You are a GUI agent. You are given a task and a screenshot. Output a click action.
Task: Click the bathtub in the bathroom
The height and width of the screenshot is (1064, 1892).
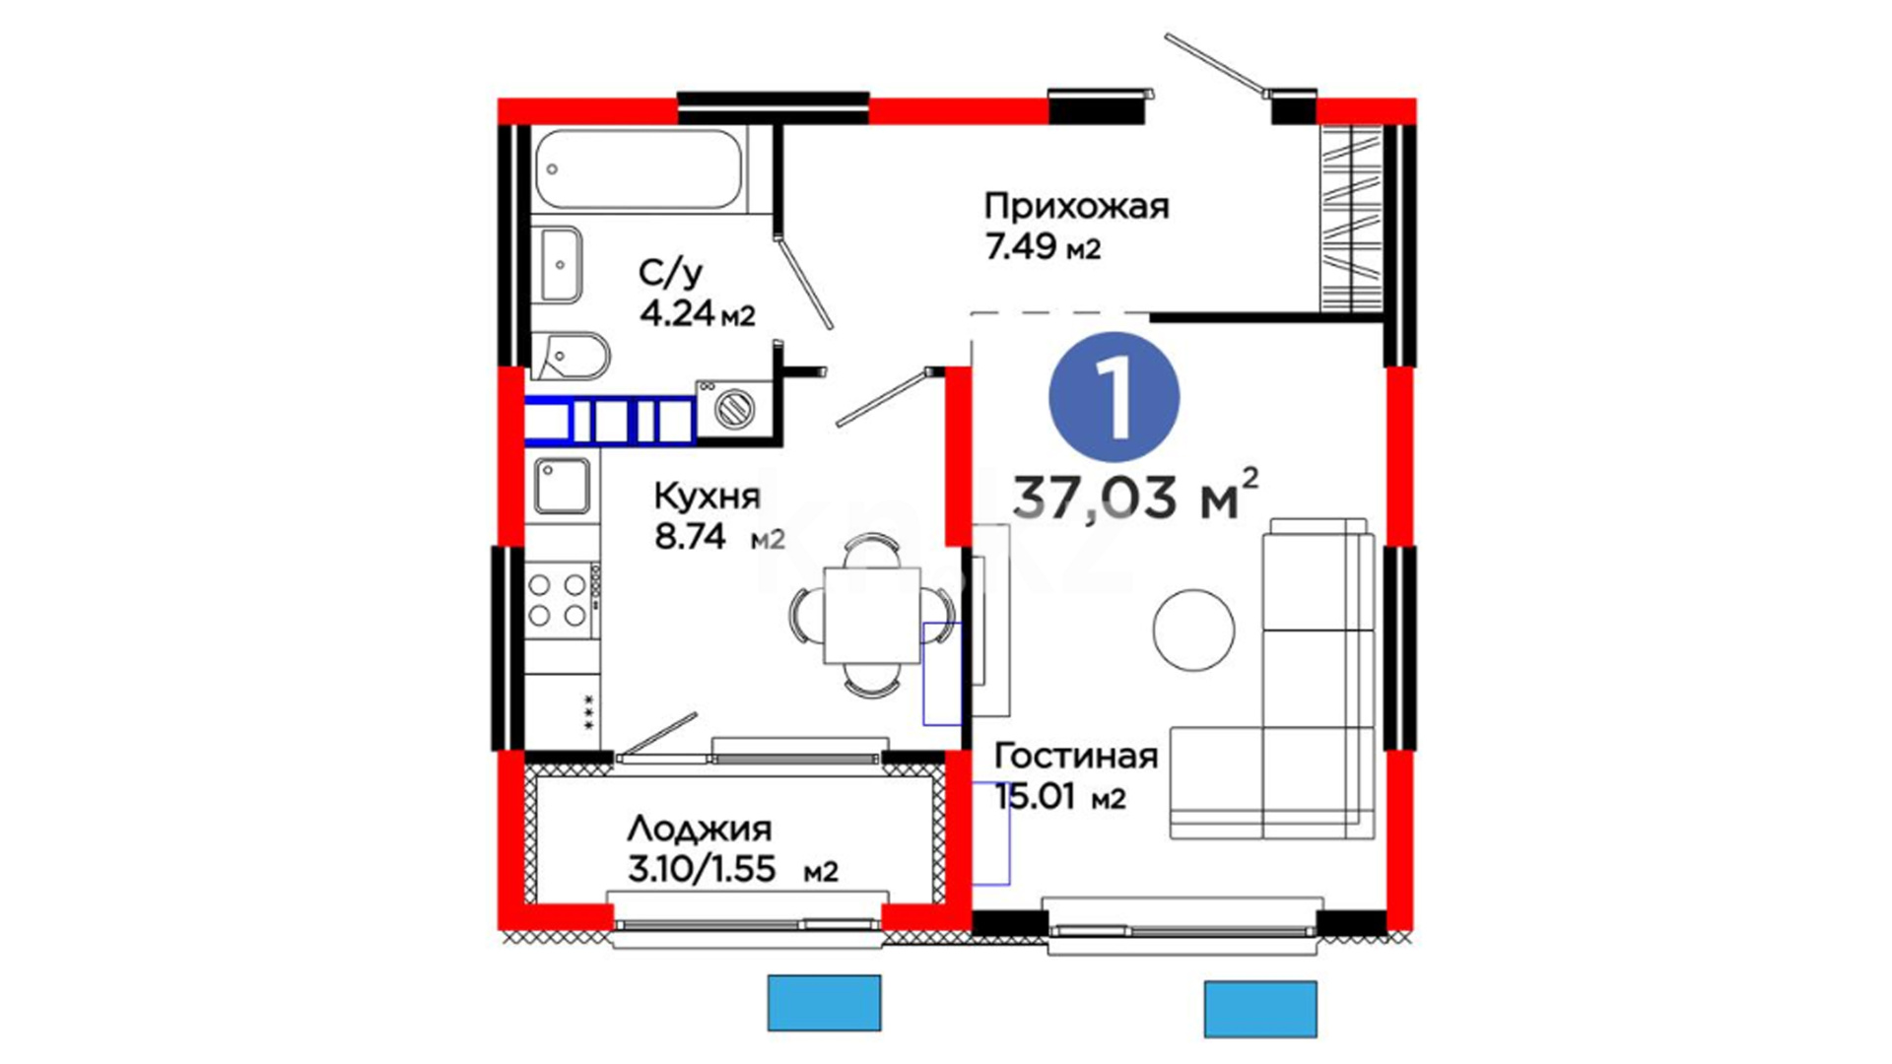[x=639, y=169]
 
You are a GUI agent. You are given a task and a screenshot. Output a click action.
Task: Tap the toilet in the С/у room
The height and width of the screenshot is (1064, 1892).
[x=571, y=355]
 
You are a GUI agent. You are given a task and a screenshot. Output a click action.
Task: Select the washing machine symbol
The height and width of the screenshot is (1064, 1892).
[x=734, y=407]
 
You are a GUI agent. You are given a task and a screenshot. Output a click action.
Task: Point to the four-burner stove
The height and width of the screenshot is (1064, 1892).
[x=559, y=600]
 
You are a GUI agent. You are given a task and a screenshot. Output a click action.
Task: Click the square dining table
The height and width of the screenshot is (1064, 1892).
[x=872, y=616]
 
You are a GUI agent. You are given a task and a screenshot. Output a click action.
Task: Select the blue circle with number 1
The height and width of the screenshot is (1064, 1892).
[x=1115, y=397]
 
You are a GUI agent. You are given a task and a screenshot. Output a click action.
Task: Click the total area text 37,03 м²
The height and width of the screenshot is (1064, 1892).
[x=1136, y=495]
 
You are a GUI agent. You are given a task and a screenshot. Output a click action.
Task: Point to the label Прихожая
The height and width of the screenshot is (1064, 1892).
[x=1076, y=207]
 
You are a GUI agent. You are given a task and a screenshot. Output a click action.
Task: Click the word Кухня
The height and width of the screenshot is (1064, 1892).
[x=708, y=496]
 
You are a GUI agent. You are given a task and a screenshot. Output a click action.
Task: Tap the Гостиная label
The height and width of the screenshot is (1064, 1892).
[x=1075, y=756]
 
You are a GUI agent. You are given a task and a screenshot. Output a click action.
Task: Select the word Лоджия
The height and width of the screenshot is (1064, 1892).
[x=700, y=830]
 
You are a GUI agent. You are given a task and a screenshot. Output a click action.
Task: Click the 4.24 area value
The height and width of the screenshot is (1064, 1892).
[x=676, y=313]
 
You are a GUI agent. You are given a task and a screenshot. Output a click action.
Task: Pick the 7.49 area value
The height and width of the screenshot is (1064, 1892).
[x=1021, y=246]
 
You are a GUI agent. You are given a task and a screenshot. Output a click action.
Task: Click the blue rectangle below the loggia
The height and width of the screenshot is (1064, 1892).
[x=824, y=1003]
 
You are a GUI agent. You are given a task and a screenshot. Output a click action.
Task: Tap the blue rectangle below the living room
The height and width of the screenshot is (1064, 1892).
[x=1260, y=1009]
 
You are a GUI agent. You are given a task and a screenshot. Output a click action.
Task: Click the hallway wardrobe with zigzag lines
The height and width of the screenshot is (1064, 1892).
[x=1351, y=217]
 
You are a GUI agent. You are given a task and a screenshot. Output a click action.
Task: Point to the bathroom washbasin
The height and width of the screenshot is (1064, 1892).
[x=560, y=264]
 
